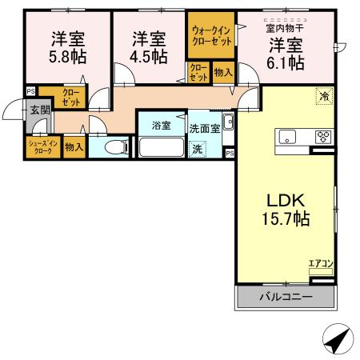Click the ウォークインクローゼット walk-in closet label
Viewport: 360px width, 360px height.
tap(211, 36)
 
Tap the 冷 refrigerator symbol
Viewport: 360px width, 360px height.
tap(323, 94)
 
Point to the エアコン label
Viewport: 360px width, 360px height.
tap(321, 262)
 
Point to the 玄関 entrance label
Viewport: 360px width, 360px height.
tap(39, 110)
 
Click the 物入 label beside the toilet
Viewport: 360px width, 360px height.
tap(73, 147)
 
